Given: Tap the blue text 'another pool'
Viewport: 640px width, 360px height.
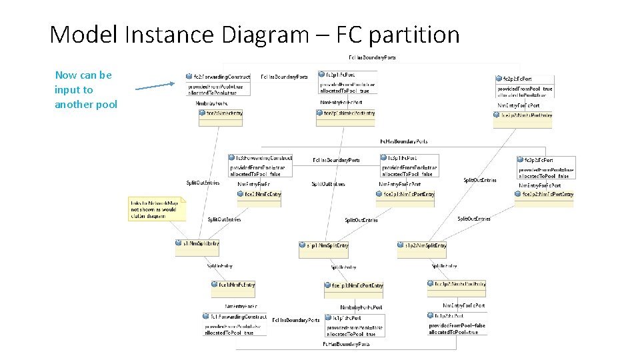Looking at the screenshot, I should [x=86, y=105].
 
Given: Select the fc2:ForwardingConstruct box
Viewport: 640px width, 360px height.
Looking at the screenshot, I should [x=218, y=83].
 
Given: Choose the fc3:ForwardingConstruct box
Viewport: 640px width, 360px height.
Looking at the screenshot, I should [x=259, y=164].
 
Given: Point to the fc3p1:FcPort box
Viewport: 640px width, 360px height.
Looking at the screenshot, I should [x=408, y=165].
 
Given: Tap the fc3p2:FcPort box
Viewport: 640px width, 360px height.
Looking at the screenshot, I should [x=545, y=167].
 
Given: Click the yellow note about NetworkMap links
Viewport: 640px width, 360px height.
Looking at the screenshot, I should [x=157, y=209].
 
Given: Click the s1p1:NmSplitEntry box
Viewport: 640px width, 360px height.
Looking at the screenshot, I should [x=323, y=246].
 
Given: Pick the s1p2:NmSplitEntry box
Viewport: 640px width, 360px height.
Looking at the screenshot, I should [x=422, y=246].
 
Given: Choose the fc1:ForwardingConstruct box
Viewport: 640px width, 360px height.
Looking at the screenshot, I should [x=235, y=323].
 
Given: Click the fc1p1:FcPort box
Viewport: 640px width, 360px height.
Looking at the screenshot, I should [x=351, y=325].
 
